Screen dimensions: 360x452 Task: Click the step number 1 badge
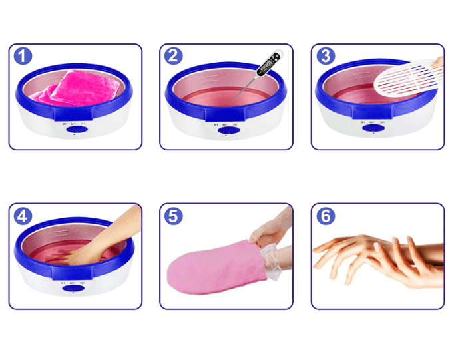point(23,56)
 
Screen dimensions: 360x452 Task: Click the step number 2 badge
point(174,56)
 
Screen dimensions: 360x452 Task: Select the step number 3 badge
point(326,56)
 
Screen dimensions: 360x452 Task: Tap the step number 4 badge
point(23,216)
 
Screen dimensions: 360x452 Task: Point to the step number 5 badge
point(174,216)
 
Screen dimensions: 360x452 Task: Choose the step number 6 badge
point(326,216)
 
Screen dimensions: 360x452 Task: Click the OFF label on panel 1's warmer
point(64,124)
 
